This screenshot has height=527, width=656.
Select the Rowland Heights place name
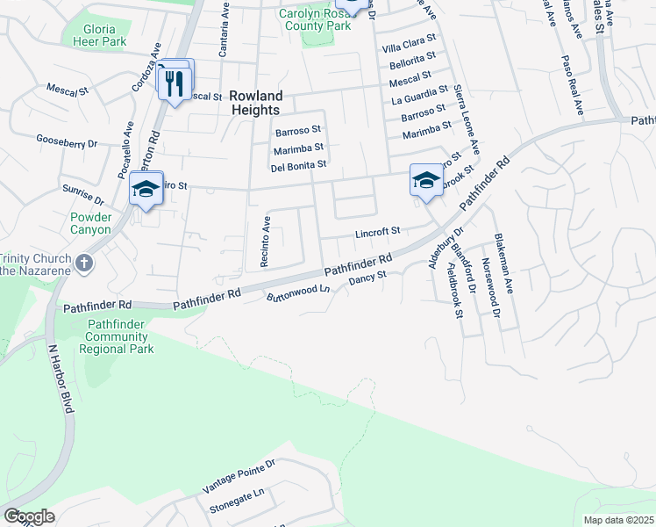pyautogui.click(x=255, y=103)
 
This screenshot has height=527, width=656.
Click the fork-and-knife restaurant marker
pyautogui.click(x=174, y=83)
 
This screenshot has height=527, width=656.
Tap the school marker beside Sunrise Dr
pyautogui.click(x=146, y=189)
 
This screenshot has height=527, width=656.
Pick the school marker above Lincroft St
pyautogui.click(x=425, y=181)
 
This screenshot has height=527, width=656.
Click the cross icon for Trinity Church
pyautogui.click(x=84, y=263)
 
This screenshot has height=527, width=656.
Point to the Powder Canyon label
pyautogui.click(x=91, y=223)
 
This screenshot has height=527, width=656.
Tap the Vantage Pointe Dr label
pyautogui.click(x=239, y=475)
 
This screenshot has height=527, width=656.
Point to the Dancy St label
pyautogui.click(x=367, y=280)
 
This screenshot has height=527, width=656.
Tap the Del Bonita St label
pyautogui.click(x=298, y=164)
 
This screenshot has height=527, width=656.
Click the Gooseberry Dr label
pyautogui.click(x=67, y=141)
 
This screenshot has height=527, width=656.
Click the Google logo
pyautogui.click(x=29, y=516)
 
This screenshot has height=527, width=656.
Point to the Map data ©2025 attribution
pyautogui.click(x=619, y=520)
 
